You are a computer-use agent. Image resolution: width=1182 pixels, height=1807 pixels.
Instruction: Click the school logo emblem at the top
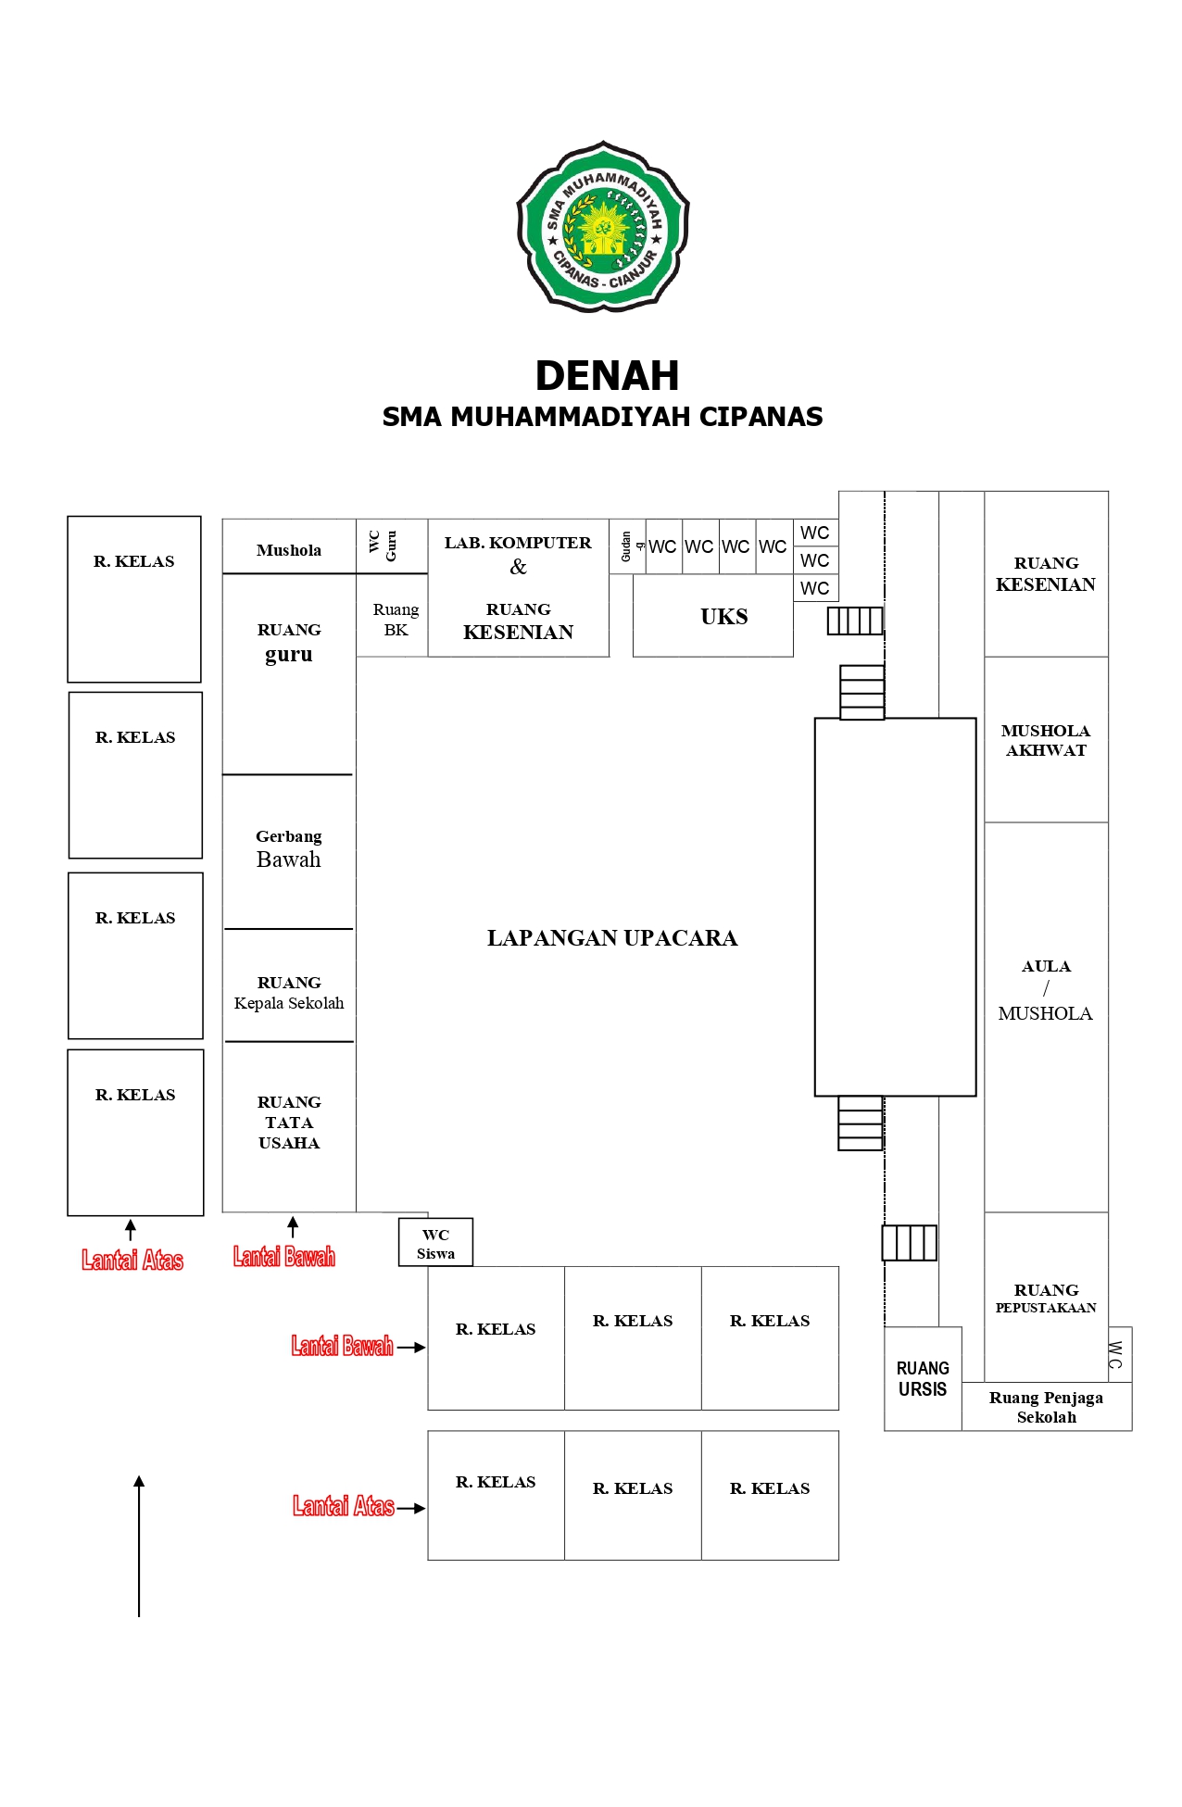click(603, 227)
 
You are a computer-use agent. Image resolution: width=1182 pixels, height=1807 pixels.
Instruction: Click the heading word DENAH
click(607, 376)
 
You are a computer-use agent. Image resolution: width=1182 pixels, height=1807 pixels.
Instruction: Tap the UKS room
click(723, 617)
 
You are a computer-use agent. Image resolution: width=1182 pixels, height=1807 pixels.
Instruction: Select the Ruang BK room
click(396, 620)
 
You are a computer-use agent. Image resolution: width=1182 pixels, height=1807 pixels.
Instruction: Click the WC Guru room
click(383, 546)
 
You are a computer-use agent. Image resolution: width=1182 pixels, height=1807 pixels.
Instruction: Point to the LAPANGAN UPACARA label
click(611, 938)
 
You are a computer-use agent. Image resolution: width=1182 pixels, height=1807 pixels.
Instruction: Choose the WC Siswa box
click(435, 1244)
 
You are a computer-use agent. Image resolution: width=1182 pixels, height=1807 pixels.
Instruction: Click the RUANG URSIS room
click(923, 1379)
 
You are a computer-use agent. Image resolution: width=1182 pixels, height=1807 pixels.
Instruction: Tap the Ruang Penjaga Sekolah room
click(1046, 1407)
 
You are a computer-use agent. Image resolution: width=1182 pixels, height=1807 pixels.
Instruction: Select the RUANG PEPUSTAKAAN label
click(1046, 1298)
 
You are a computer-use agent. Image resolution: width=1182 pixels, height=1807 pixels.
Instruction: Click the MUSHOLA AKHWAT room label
click(1046, 740)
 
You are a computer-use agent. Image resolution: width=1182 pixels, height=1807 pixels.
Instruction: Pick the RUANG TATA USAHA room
click(289, 1123)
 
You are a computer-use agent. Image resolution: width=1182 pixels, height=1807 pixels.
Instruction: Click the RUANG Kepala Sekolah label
click(289, 993)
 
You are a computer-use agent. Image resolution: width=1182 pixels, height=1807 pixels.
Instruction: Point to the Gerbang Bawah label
click(289, 849)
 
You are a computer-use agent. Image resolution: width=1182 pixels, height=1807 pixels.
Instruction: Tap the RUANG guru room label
click(289, 643)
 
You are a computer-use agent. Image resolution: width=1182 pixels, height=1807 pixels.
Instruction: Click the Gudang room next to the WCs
click(627, 546)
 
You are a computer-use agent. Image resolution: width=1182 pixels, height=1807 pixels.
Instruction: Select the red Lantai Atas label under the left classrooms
click(132, 1260)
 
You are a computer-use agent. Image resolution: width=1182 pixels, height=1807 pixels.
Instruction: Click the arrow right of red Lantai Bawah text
click(410, 1348)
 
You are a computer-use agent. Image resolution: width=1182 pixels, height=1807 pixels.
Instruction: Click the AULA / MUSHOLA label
click(1046, 989)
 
